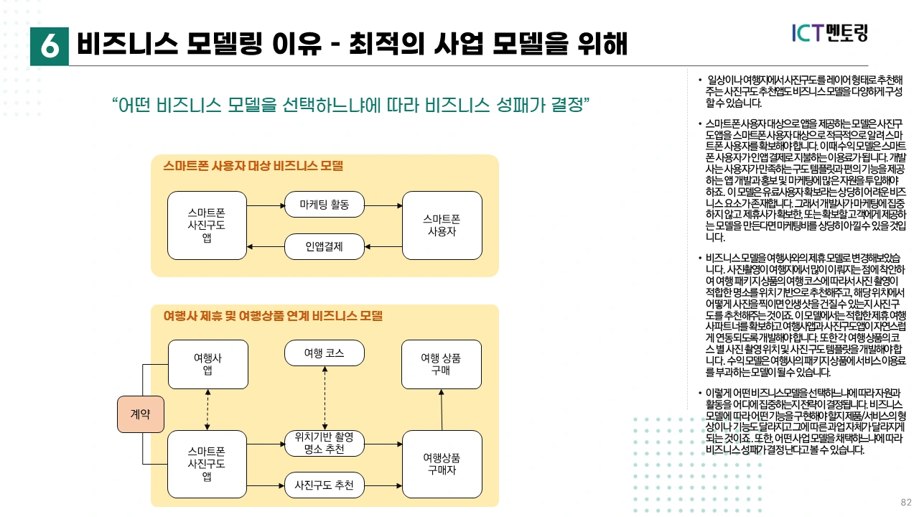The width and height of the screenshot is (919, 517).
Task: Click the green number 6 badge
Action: coord(50,45)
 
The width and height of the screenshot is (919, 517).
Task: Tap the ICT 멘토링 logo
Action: coord(829,32)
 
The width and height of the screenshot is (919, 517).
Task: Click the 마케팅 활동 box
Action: coord(325,205)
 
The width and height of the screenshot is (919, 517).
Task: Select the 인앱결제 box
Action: coord(325,247)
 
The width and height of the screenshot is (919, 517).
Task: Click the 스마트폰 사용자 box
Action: coord(442,225)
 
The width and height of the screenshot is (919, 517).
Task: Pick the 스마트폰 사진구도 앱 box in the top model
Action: coord(207,225)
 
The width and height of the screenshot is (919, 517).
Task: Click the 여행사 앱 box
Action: coord(207,364)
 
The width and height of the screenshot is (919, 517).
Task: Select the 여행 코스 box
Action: coord(325,353)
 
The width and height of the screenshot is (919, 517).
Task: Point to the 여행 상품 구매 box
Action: coord(442,364)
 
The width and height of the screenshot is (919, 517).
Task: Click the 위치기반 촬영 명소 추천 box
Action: coord(325,443)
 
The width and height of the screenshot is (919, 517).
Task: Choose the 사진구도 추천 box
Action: coord(325,485)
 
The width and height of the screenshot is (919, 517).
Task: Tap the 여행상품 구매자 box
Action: coord(442,464)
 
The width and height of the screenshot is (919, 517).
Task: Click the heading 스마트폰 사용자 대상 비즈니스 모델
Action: coord(253,167)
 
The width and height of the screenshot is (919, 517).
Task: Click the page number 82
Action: coord(906,502)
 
